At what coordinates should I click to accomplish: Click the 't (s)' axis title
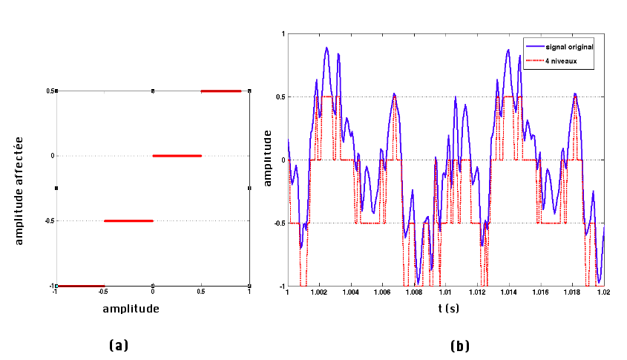coord(446,307)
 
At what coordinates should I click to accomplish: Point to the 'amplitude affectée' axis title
coord(20,188)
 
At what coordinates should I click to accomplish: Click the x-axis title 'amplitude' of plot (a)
coord(131,307)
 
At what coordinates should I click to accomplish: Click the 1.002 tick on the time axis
coord(319,292)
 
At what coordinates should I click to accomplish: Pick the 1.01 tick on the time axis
coord(446,292)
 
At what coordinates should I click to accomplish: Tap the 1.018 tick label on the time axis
coord(572,292)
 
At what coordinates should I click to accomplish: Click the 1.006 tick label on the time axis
coord(382,292)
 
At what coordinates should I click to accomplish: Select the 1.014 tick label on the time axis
coord(509,292)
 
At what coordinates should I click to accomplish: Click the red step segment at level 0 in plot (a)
coord(177,156)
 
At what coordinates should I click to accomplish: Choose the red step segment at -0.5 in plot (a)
coord(128,220)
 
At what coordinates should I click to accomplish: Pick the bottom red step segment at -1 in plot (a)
coord(81,286)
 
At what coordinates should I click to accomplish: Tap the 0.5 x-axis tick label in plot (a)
coord(200,292)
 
